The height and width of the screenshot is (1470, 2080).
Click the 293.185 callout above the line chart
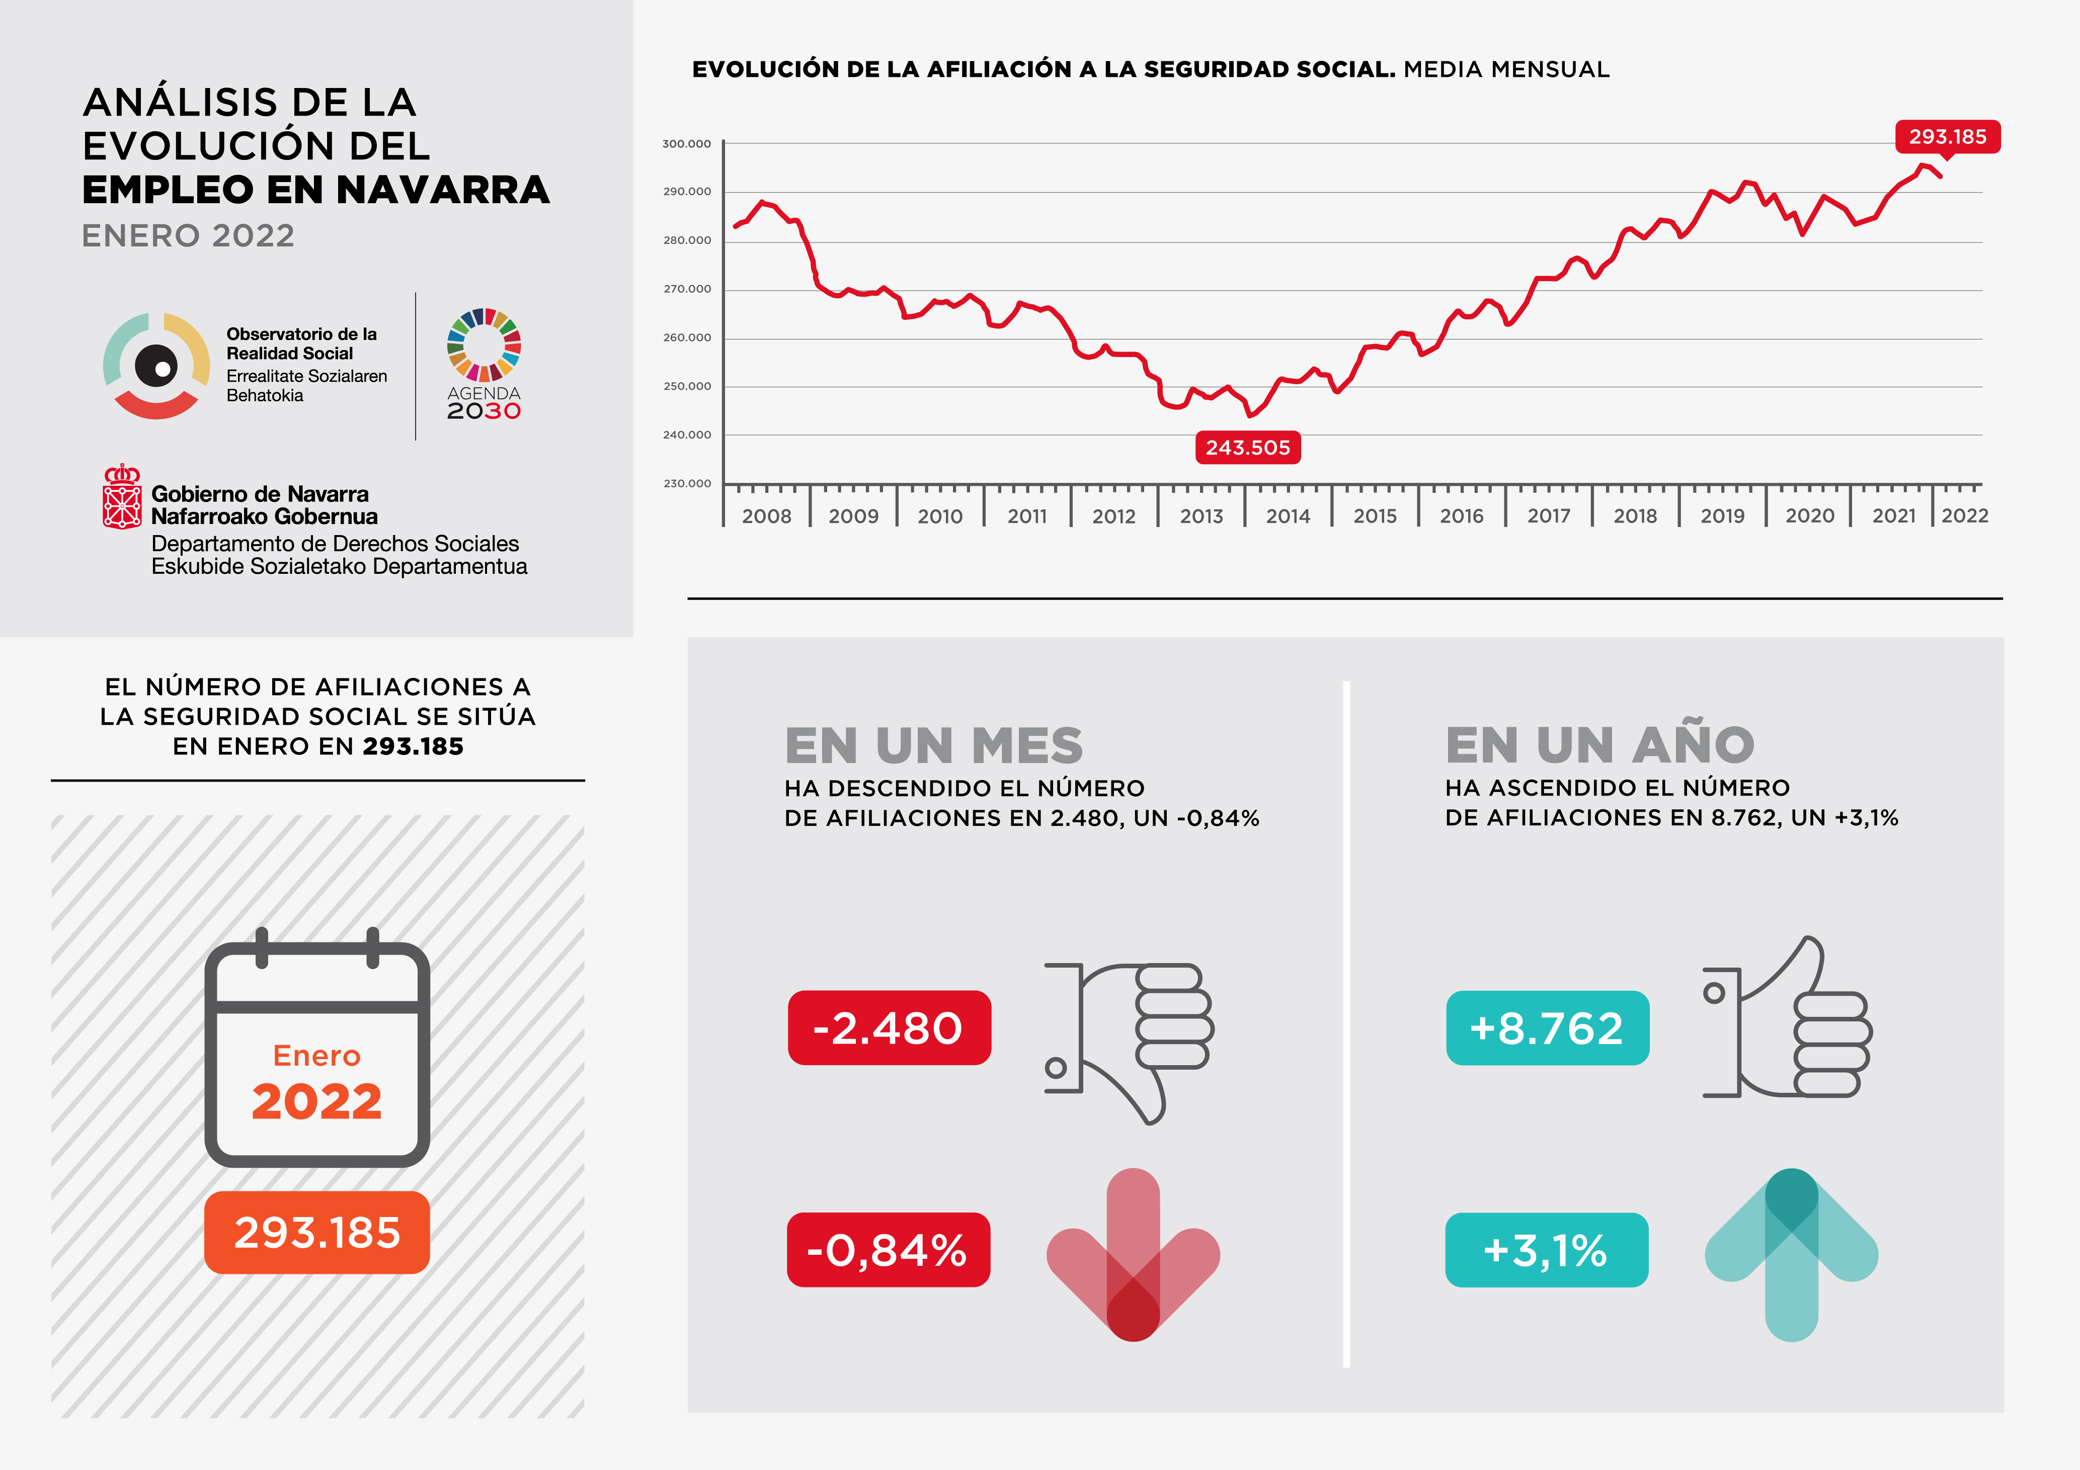point(1948,137)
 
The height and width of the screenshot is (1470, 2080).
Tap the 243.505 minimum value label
point(1247,448)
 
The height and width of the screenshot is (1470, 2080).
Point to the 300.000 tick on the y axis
point(687,144)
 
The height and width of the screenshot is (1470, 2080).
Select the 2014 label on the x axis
point(1288,516)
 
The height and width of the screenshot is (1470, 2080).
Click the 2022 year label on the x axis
point(1965,516)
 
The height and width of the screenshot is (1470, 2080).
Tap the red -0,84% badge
point(888,1250)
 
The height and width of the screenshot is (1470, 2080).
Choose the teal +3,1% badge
point(1546,1250)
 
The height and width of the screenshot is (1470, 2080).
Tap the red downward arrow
point(1133,1254)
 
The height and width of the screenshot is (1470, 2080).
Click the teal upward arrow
point(1791,1254)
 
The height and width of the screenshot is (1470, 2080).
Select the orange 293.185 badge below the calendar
point(317,1233)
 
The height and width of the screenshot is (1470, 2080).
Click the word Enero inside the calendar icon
point(317,1056)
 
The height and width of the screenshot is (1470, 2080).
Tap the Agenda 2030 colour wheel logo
point(484,344)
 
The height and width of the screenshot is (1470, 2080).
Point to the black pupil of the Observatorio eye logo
point(156,367)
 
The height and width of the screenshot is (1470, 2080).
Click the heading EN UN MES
point(933,745)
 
